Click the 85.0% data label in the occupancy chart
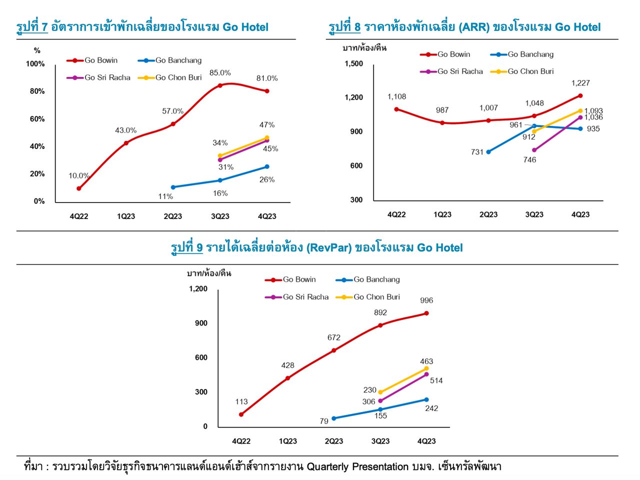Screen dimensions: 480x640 [220, 73]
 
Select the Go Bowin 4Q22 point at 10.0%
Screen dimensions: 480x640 [79, 188]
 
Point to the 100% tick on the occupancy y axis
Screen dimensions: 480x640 [35, 64]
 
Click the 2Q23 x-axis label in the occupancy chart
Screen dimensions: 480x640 [173, 216]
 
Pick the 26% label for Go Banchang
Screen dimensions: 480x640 [267, 179]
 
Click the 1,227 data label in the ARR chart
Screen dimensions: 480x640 [580, 83]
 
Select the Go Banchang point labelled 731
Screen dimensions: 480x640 [488, 151]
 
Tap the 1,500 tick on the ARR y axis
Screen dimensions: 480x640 [354, 63]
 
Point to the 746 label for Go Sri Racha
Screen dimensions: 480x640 [529, 160]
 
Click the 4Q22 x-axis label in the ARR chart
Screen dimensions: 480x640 [396, 214]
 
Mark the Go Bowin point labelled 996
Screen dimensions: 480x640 [426, 313]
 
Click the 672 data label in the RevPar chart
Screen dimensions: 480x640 [334, 337]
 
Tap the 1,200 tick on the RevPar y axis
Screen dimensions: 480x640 [198, 289]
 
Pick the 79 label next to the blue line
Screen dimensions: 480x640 [324, 421]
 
